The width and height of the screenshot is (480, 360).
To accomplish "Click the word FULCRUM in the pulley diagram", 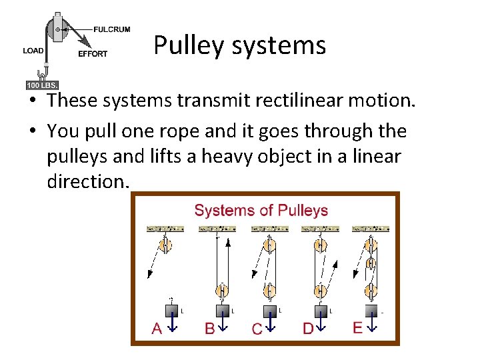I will point(111,29).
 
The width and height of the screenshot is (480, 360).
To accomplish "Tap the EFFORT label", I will point(93,54).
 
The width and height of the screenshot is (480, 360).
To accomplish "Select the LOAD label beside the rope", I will point(33,51).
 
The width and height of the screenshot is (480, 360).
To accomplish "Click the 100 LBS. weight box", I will point(42,85).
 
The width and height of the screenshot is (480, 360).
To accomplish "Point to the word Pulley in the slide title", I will point(190,45).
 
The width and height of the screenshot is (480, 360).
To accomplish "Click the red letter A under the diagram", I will point(157,328).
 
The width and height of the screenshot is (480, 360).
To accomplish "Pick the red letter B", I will point(209,328).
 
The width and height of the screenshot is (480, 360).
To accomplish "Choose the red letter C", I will point(257,329).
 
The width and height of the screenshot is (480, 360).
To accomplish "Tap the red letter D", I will point(308,328).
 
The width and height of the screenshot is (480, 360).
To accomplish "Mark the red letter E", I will point(357,327).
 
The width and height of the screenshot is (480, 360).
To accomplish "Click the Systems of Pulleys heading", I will point(261,211).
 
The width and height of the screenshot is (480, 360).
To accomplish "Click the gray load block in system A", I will point(171,311).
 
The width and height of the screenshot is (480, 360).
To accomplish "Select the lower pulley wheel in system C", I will point(269,291).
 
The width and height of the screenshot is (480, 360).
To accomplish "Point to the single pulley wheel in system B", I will point(221,290).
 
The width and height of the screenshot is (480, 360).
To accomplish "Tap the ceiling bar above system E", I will point(371,229).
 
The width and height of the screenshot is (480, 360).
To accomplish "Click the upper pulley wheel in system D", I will point(320,245).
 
